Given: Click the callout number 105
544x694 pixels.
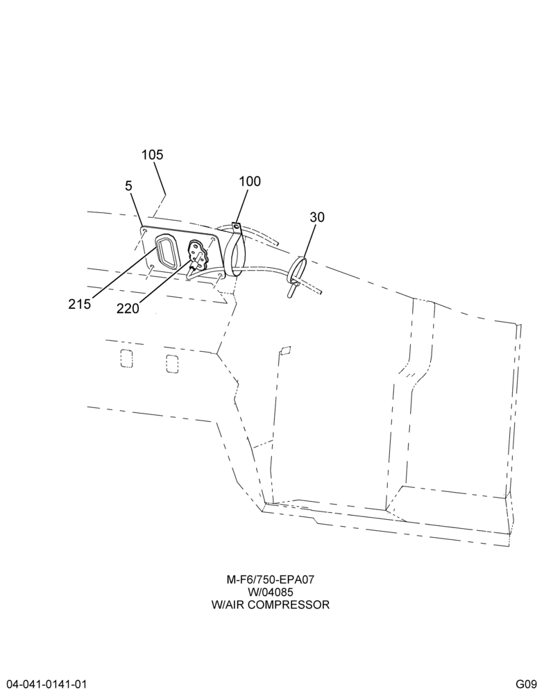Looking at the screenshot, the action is pyautogui.click(x=152, y=155).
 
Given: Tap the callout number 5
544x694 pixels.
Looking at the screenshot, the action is pyautogui.click(x=128, y=185).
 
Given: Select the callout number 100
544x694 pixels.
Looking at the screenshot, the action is pyautogui.click(x=250, y=181).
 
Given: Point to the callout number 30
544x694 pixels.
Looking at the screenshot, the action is pyautogui.click(x=317, y=217).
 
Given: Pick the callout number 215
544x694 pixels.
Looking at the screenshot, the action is pyautogui.click(x=80, y=304).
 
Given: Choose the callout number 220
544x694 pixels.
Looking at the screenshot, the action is pyautogui.click(x=128, y=308).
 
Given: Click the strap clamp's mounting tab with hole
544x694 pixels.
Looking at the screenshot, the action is pyautogui.click(x=237, y=227).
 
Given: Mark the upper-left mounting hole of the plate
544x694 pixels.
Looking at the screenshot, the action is pyautogui.click(x=144, y=232).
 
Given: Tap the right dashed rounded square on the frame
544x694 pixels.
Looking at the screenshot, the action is pyautogui.click(x=172, y=364).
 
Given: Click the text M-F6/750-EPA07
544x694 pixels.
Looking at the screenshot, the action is pyautogui.click(x=270, y=579).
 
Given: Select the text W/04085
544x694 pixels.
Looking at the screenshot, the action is pyautogui.click(x=270, y=592).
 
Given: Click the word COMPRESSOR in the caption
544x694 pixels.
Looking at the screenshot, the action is pyautogui.click(x=288, y=604).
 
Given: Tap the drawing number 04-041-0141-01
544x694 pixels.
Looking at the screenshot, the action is pyautogui.click(x=44, y=684).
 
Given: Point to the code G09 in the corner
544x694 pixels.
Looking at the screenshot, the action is pyautogui.click(x=526, y=684).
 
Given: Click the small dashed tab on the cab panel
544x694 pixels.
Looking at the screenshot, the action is pyautogui.click(x=284, y=350).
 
